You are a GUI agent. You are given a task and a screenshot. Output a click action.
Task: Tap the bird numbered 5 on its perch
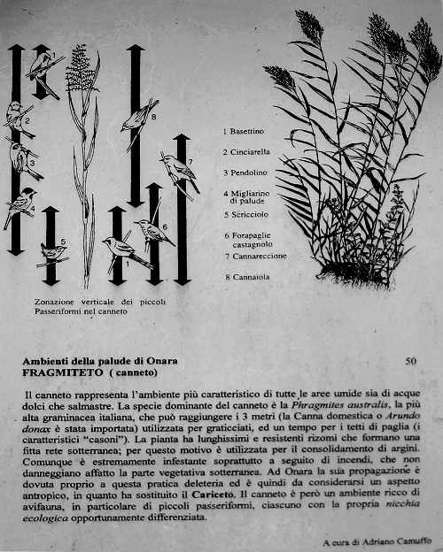54,253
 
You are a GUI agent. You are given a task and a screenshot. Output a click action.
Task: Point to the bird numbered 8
138,116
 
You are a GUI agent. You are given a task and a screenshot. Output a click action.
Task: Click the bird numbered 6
152,232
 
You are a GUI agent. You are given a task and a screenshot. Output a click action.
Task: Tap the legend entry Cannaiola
253,277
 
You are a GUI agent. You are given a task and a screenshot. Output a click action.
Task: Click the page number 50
410,361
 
